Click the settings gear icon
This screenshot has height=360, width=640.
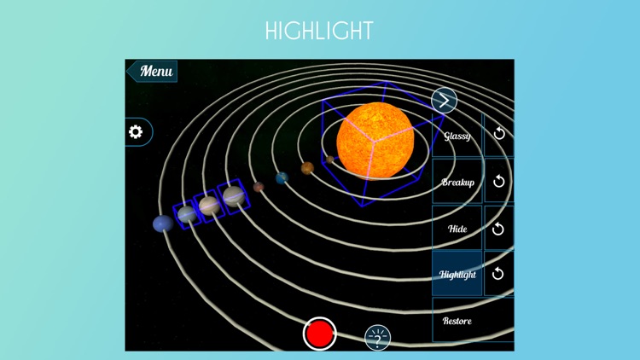point(136,132)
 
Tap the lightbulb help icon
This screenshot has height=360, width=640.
point(377,338)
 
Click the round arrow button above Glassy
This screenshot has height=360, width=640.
point(444,101)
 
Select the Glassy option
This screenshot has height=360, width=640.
point(457,136)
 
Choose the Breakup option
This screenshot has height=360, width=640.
point(457,183)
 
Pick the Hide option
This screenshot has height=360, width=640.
point(457,229)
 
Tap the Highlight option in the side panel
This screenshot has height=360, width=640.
point(457,275)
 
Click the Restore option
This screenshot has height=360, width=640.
point(457,321)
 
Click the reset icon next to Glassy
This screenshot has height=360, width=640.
point(499,134)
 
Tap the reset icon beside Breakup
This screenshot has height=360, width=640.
point(499,182)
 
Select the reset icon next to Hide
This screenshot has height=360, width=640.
point(499,229)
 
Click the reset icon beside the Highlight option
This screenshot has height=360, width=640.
point(499,274)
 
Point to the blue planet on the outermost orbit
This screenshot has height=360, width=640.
point(162,224)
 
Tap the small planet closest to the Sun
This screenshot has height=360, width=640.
point(330,160)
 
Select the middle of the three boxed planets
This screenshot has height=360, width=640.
point(209,206)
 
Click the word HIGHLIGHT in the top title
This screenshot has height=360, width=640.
point(319,32)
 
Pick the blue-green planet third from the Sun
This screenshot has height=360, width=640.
point(282,177)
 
